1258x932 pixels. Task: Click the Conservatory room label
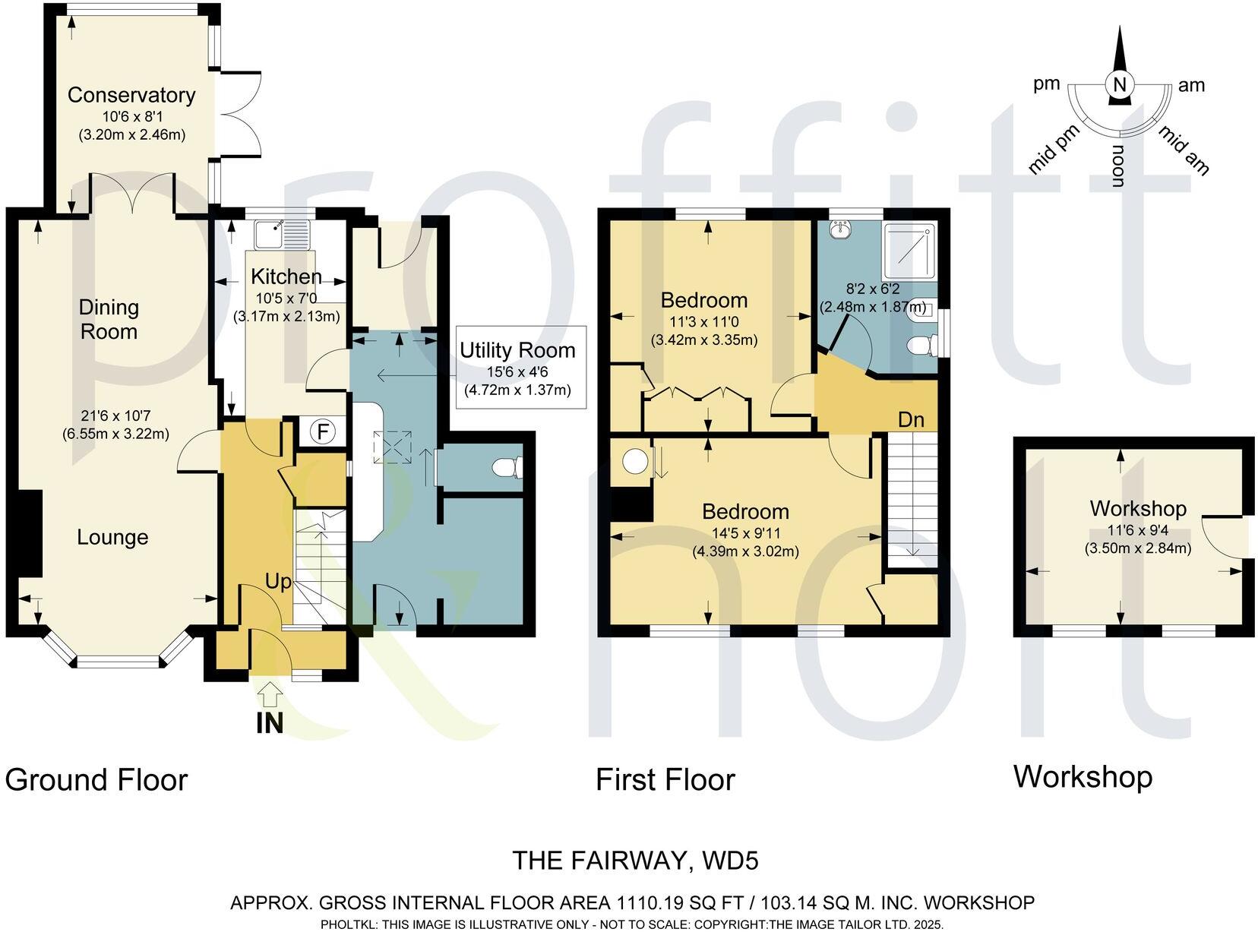[131, 95]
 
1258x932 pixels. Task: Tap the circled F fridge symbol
[323, 432]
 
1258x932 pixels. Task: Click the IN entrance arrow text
[270, 723]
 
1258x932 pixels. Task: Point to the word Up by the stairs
[278, 582]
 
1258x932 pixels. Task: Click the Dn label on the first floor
[911, 419]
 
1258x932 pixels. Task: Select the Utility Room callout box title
[517, 350]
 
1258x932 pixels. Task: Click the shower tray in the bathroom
[911, 251]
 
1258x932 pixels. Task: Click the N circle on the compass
[1118, 85]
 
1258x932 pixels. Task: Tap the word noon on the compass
[1117, 167]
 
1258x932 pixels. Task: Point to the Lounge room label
[112, 538]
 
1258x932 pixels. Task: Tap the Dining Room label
[109, 319]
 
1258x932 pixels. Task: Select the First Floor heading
[665, 780]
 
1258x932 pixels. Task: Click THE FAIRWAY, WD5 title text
[635, 861]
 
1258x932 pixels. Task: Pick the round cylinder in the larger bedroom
[635, 460]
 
